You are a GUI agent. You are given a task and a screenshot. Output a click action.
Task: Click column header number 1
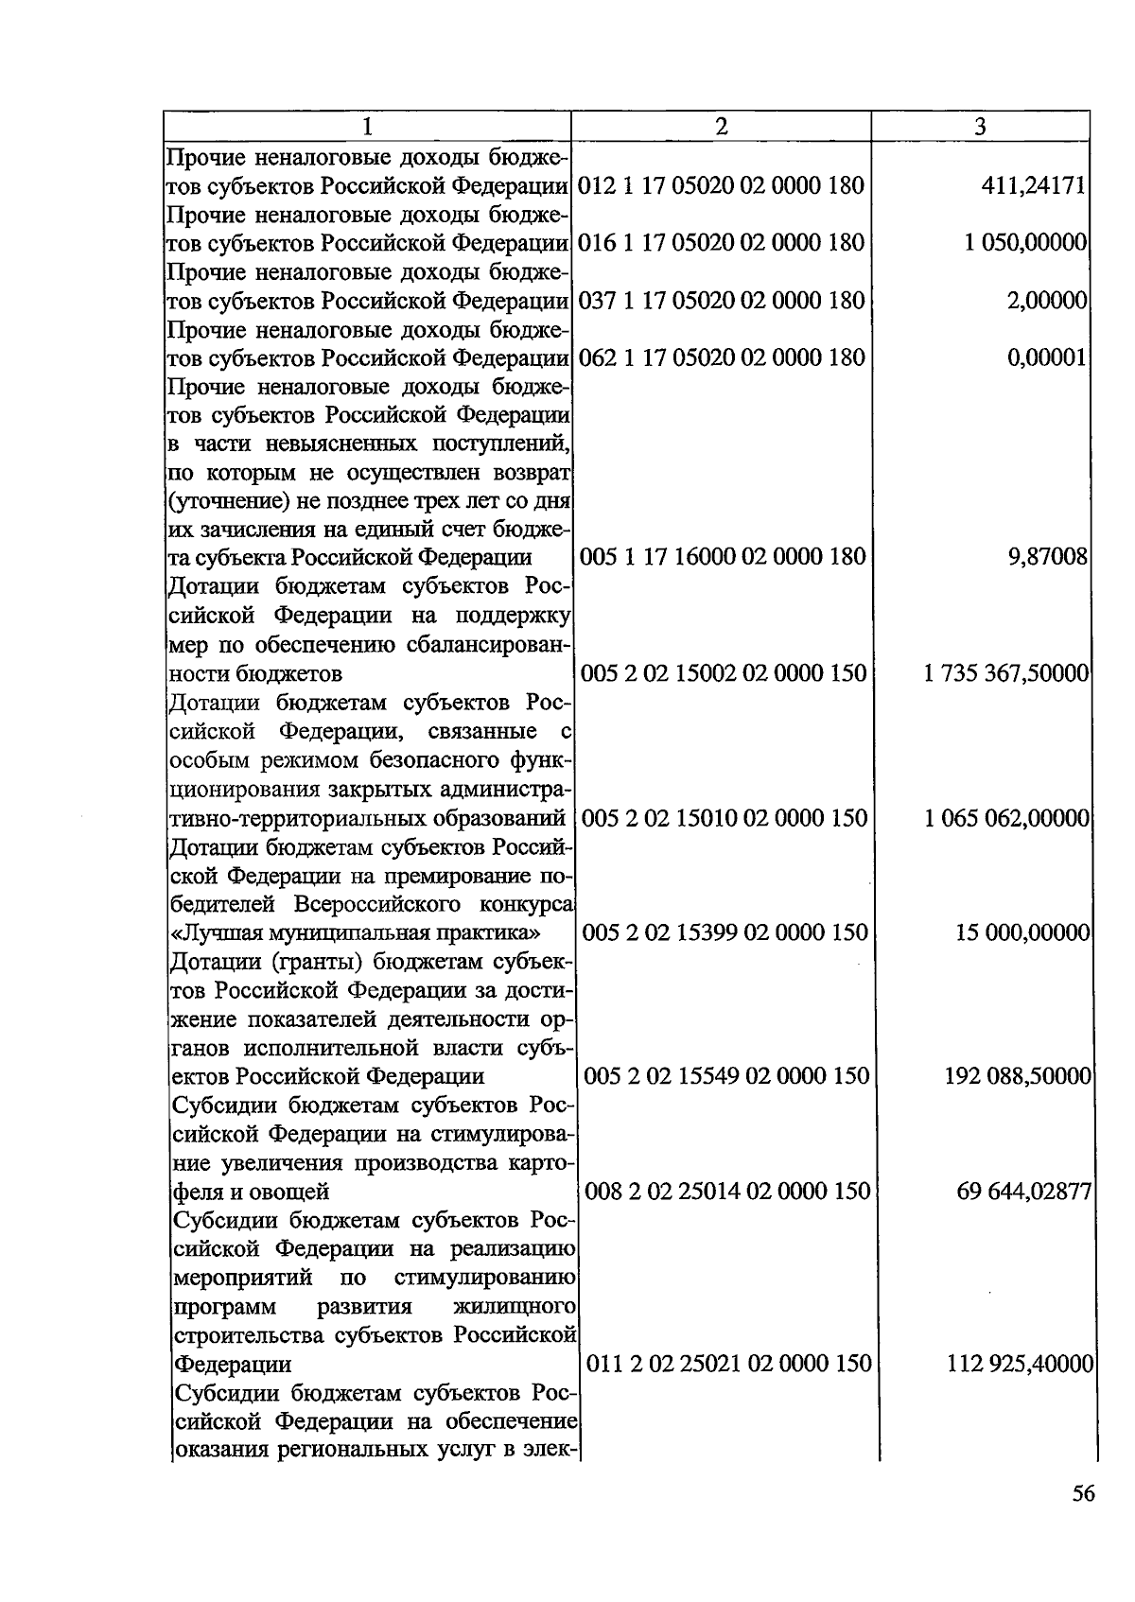click(367, 127)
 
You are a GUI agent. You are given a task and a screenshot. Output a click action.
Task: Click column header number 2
click(721, 127)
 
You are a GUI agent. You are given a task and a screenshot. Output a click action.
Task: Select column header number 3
click(981, 127)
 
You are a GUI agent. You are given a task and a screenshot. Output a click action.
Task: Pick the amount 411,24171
click(1033, 185)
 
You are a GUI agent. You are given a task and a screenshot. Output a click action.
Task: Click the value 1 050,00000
click(1025, 243)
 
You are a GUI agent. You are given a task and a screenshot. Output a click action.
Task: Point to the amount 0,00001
click(1046, 357)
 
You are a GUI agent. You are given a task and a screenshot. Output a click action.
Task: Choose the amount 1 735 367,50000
click(1006, 673)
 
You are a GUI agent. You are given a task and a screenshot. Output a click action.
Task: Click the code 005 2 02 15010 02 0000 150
click(725, 818)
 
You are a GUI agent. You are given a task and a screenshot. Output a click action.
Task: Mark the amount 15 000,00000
click(1022, 933)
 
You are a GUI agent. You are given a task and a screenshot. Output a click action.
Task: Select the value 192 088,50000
click(1018, 1076)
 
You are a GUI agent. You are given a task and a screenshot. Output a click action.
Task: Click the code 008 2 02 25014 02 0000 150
click(727, 1191)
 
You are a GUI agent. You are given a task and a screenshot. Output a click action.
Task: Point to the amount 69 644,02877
click(1024, 1191)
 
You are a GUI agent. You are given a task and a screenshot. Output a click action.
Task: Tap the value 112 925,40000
click(1021, 1364)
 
